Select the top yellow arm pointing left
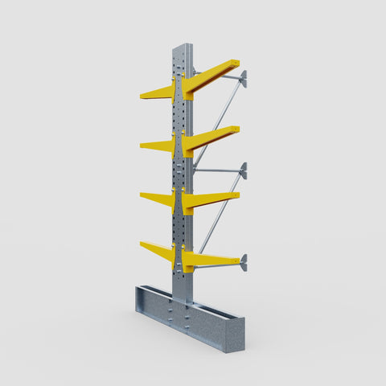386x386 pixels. [x=158, y=93]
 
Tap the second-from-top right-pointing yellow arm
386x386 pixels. [x=211, y=138]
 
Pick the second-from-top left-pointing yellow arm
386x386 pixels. [x=158, y=146]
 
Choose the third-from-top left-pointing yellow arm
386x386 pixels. [x=158, y=198]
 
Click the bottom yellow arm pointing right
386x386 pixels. [x=211, y=259]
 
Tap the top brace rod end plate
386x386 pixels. [x=244, y=78]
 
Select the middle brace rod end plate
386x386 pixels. [x=244, y=170]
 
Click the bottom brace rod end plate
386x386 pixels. [x=244, y=262]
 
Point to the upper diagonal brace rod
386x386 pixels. [x=217, y=121]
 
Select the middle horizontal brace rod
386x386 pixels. [x=217, y=170]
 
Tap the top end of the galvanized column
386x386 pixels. [x=182, y=47]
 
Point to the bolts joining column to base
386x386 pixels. [x=187, y=316]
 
